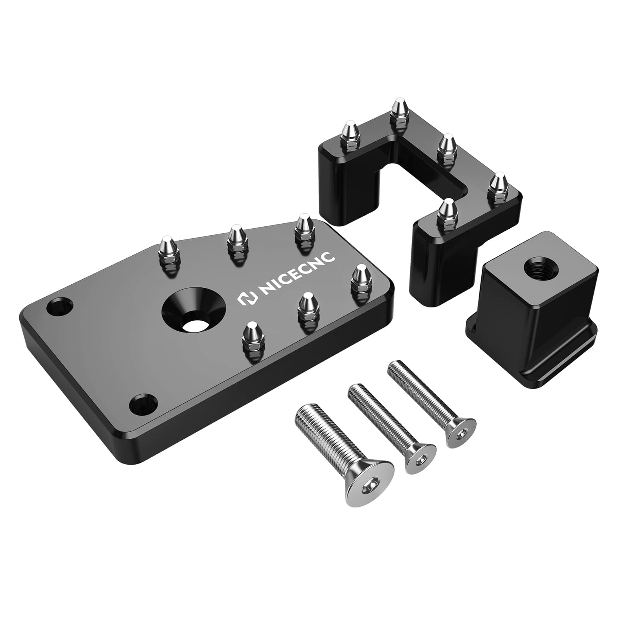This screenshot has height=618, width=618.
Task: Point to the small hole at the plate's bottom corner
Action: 143,404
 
